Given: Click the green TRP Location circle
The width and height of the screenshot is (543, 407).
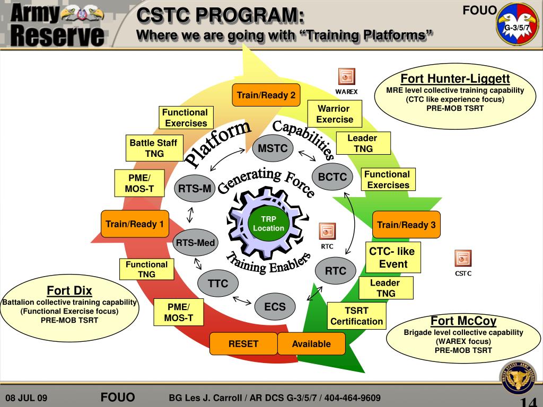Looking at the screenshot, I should [268, 224].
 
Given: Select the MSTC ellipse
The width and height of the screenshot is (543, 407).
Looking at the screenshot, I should [273, 148].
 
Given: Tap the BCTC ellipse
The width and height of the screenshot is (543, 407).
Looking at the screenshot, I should [332, 177].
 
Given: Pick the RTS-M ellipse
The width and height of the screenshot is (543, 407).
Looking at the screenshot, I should [195, 188].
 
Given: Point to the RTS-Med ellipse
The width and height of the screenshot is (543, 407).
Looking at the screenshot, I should [196, 243].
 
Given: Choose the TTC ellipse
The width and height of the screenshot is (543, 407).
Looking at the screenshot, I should [218, 284].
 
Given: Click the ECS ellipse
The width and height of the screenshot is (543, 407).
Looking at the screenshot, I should [275, 306].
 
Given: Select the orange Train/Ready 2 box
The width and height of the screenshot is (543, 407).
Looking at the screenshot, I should [266, 95].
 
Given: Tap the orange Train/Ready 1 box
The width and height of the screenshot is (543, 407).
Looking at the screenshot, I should [135, 224].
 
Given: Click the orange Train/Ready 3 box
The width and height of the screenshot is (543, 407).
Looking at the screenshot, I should [406, 225].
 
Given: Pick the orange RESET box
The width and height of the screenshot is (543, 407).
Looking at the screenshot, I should [243, 344].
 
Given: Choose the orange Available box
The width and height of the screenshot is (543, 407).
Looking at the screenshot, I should [311, 344].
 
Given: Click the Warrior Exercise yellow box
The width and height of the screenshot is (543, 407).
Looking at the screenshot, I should [334, 114].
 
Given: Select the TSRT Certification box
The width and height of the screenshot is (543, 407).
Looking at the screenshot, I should [356, 316].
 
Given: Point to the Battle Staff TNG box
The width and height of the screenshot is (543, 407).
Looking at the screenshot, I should [154, 148].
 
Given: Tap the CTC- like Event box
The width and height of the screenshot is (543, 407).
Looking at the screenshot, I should [393, 258].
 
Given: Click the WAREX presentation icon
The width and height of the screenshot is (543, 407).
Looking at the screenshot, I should [346, 77].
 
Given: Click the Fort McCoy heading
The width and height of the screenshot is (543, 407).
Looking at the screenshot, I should [463, 321].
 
